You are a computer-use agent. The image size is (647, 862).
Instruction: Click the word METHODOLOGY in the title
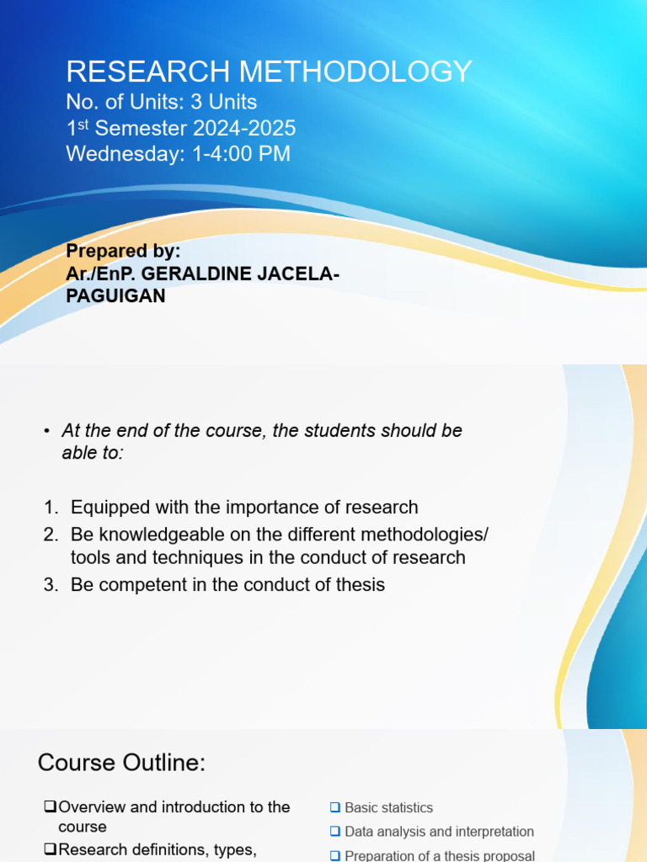(362, 72)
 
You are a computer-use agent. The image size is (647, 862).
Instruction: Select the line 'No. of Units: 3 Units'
(162, 103)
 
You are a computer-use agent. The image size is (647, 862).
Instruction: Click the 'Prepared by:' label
(123, 252)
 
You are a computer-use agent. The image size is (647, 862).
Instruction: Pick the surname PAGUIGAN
(115, 296)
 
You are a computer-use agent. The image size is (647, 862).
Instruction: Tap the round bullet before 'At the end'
(47, 432)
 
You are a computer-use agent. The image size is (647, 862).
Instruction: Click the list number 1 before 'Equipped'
(50, 508)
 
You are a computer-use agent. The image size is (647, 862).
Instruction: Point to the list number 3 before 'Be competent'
(50, 584)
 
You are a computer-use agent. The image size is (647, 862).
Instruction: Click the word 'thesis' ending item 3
(360, 584)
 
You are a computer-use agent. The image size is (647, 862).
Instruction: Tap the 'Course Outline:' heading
(121, 764)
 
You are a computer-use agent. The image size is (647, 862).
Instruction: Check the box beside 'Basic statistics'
(334, 808)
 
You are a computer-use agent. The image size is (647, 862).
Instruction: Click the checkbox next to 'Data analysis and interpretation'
(334, 832)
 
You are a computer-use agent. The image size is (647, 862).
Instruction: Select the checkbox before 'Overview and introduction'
(50, 807)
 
